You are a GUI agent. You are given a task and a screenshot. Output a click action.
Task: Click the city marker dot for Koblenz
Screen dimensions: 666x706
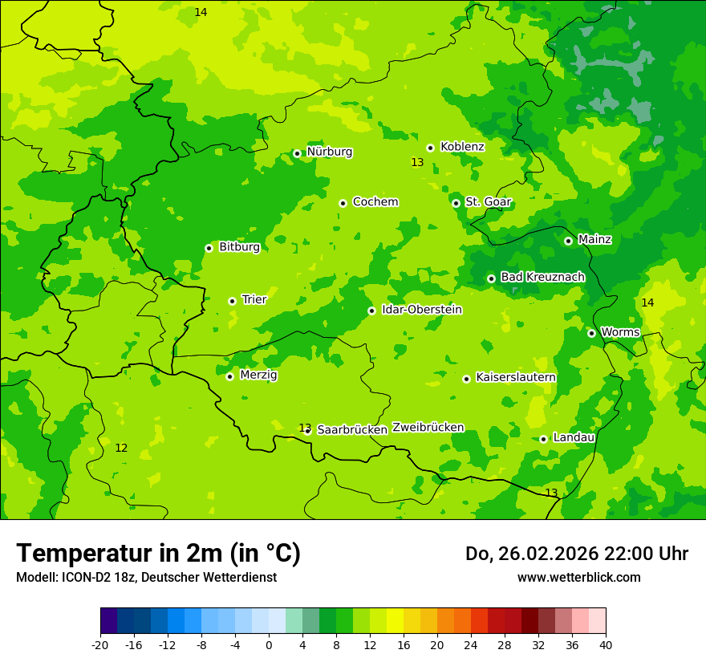click(x=430, y=148)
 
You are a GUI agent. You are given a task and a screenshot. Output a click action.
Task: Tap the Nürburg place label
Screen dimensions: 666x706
click(x=329, y=152)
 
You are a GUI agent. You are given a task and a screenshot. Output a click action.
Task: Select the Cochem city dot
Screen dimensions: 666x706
click(x=343, y=203)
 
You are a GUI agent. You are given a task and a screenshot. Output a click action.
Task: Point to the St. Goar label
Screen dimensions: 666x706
click(x=488, y=201)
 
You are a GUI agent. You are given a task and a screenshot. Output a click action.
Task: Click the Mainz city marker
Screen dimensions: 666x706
click(x=568, y=241)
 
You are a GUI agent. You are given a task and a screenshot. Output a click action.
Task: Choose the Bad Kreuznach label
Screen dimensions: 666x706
click(x=542, y=277)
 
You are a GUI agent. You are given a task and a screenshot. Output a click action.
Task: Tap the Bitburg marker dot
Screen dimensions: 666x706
click(x=209, y=248)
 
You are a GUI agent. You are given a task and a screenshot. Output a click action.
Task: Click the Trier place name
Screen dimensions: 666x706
click(x=254, y=299)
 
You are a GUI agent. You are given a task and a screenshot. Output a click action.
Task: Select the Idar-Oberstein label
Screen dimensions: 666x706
click(x=422, y=309)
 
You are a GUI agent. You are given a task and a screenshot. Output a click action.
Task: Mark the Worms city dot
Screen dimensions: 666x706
click(x=591, y=333)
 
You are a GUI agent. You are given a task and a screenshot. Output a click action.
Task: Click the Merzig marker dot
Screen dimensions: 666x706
click(x=229, y=376)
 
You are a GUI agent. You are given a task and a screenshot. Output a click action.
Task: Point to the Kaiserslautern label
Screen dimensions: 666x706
click(x=516, y=377)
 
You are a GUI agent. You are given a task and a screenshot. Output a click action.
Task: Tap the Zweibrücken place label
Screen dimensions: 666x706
click(x=428, y=427)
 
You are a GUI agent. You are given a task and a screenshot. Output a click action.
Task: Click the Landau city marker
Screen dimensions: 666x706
click(x=543, y=439)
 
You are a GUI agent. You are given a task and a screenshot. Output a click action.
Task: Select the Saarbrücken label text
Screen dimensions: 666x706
click(x=352, y=429)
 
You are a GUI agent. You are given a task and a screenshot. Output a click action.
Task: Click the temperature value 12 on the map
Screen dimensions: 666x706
click(x=121, y=448)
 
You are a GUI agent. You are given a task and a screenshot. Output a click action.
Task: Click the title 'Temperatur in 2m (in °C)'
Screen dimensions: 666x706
click(x=158, y=554)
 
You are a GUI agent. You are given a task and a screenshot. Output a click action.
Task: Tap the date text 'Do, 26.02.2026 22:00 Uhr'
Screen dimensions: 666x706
click(x=576, y=554)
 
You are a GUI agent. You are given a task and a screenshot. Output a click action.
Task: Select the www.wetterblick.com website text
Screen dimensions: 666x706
click(x=578, y=577)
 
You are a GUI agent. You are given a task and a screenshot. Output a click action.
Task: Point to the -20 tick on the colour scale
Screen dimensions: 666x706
click(x=100, y=644)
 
